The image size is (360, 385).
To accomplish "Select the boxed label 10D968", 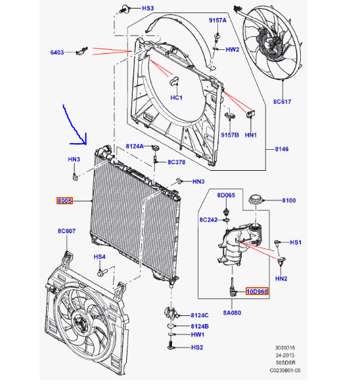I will point(257,291).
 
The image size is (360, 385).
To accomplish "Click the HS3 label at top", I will point(148,9).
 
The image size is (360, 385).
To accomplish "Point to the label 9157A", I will point(218,20).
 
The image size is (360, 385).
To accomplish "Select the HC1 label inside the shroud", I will point(176,97).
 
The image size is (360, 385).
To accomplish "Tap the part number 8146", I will point(282,150).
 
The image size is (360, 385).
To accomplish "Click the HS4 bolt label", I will point(99,257).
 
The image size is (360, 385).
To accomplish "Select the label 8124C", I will point(199,315).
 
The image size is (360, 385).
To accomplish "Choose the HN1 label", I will point(250,135).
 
